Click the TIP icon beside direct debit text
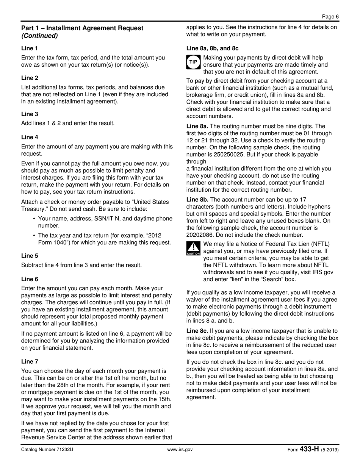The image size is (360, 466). pos(193,62)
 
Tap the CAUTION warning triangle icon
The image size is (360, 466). pos(193,248)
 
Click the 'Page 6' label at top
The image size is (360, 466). pos(330,16)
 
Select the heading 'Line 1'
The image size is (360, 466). pos(30,48)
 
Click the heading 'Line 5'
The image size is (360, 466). pos(30,256)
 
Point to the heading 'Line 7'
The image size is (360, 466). pos(30,361)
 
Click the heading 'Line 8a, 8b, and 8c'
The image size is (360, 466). pos(212,48)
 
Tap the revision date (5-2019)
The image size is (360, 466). pos(330,450)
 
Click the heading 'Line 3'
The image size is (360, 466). pos(30,114)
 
